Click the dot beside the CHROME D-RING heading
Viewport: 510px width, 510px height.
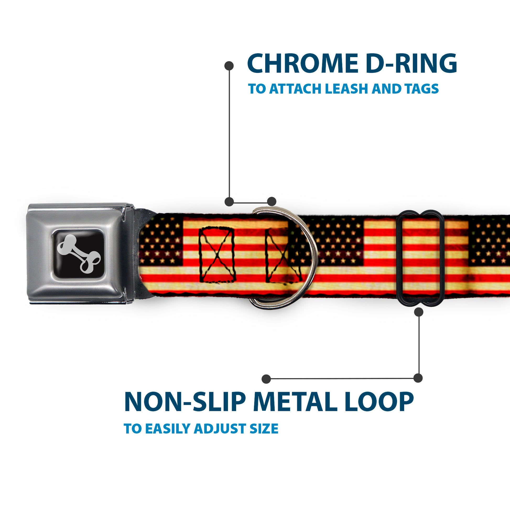[229, 66]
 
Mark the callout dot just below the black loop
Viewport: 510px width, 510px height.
[419, 312]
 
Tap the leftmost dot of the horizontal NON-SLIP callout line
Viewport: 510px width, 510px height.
[266, 379]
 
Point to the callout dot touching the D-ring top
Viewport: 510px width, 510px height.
[272, 202]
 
